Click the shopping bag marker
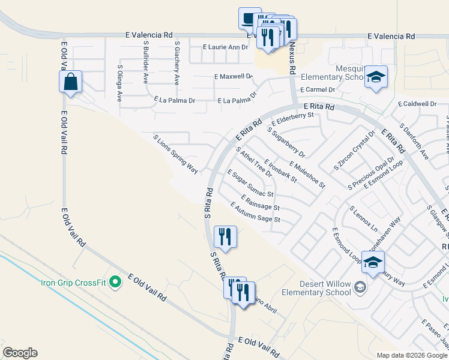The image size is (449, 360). (71, 82)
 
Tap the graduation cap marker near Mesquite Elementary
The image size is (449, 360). (376, 77)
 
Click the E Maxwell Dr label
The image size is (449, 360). (234, 77)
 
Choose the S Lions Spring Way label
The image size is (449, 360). (175, 154)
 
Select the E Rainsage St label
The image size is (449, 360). (260, 202)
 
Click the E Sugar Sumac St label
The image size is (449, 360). (250, 184)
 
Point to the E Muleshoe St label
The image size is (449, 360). (307, 174)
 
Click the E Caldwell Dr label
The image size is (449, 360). (420, 104)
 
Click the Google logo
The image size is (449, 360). (20, 353)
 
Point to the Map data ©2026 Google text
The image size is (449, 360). (412, 355)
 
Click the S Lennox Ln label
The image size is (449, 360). (364, 220)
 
